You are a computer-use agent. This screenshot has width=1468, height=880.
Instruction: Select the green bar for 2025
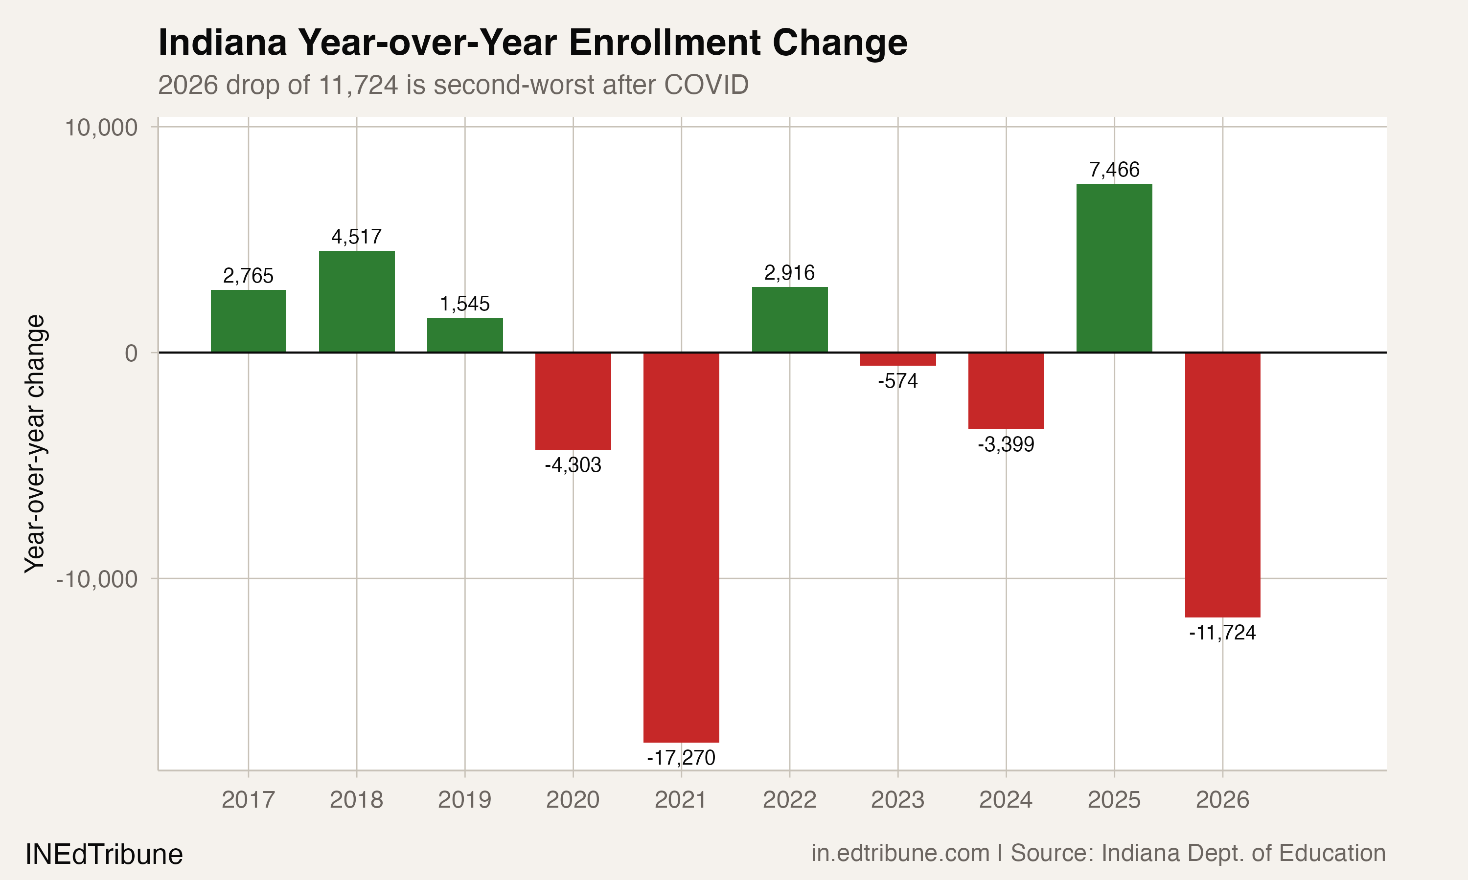[x=1114, y=268]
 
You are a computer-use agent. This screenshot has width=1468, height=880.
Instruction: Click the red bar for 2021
[x=681, y=547]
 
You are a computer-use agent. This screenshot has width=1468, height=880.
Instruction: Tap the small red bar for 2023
[x=898, y=359]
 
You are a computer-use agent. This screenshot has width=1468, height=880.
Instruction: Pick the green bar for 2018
[x=357, y=302]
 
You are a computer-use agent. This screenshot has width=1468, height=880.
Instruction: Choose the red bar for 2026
[x=1222, y=484]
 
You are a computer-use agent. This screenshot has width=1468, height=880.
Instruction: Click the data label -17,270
[x=681, y=758]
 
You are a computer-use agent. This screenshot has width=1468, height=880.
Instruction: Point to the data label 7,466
[x=1114, y=170]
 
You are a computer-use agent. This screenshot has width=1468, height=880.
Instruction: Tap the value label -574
[x=898, y=381]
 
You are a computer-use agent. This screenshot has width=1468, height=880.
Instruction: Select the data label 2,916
[x=789, y=273]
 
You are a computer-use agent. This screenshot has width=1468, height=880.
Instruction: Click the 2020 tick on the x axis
[x=573, y=800]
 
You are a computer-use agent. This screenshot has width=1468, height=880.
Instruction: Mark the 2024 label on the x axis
[x=1006, y=800]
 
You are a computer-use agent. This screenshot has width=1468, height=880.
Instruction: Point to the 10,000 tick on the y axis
[x=101, y=128]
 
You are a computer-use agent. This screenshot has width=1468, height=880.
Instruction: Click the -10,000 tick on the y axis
[x=97, y=579]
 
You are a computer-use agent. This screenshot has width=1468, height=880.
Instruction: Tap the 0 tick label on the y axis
[x=131, y=353]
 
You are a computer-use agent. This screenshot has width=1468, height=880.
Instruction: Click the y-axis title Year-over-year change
[x=34, y=443]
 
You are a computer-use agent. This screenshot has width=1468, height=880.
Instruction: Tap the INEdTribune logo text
[x=104, y=855]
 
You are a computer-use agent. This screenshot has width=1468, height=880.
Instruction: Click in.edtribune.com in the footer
[x=900, y=853]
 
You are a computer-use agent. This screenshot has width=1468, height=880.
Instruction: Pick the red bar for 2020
[x=573, y=401]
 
